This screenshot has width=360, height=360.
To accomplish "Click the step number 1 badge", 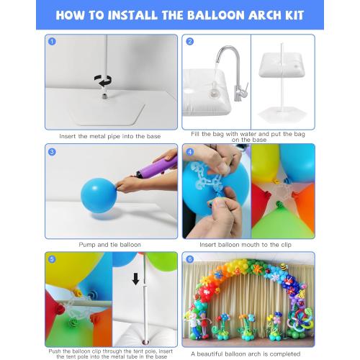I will click(x=52, y=41).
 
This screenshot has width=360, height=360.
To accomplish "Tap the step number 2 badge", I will click(x=189, y=41).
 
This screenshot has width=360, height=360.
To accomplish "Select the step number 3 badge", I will click(x=52, y=151).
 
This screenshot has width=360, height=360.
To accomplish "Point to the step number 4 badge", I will click(x=189, y=151).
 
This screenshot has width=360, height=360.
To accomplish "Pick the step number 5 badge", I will click(x=52, y=259).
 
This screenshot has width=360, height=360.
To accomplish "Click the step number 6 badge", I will click(x=189, y=259).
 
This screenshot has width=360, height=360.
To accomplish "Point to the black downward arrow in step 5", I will click(x=135, y=278).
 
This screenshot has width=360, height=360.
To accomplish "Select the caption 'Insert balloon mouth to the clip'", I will click(x=248, y=245).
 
